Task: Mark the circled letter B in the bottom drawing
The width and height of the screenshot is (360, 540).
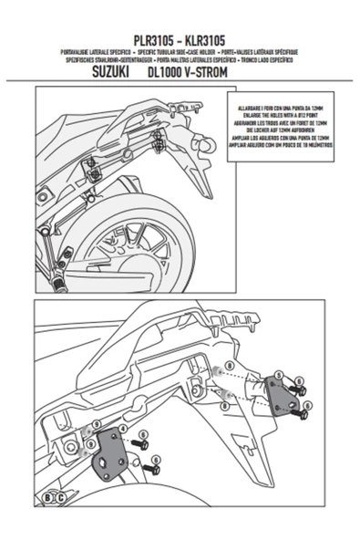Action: click(x=47, y=497)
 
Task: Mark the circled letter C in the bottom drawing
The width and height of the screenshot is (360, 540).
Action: click(x=59, y=497)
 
